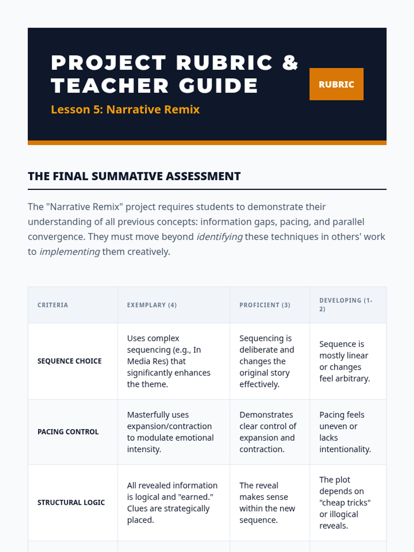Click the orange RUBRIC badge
click(x=336, y=84)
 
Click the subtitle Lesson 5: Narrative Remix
click(x=125, y=109)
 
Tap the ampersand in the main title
click(x=290, y=62)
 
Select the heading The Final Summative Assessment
click(x=134, y=176)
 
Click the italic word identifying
click(x=219, y=237)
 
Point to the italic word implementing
click(x=70, y=252)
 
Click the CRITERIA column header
click(x=53, y=305)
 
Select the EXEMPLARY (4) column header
click(x=152, y=305)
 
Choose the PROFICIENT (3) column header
click(x=265, y=305)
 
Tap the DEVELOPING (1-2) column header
click(x=346, y=305)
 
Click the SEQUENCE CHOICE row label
click(x=69, y=361)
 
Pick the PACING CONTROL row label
click(x=68, y=432)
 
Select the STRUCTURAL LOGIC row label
click(x=71, y=503)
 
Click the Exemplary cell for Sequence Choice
click(x=169, y=361)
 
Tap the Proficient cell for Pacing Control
click(x=268, y=432)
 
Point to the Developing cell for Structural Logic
click(x=345, y=503)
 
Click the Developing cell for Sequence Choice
click(x=344, y=361)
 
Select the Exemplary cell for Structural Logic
click(x=172, y=503)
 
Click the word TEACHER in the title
click(x=110, y=86)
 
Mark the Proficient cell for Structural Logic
click(x=267, y=503)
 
